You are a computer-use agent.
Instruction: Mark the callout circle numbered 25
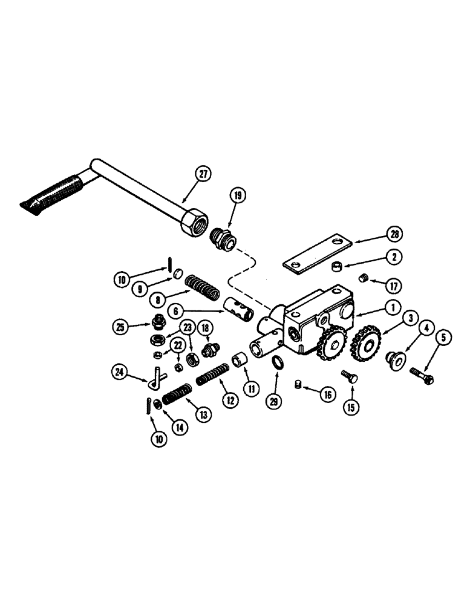pyautogui.click(x=121, y=326)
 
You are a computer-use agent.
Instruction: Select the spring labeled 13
pyautogui.click(x=176, y=396)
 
